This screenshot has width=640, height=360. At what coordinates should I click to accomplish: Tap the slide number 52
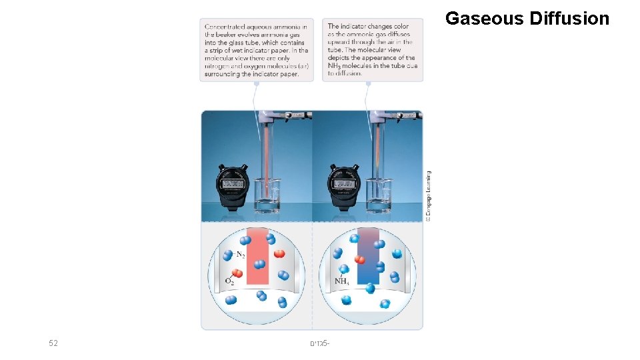pos(53,343)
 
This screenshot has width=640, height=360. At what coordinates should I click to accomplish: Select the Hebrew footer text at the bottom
pos(320,343)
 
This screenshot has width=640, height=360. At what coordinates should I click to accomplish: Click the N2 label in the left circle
pos(240,255)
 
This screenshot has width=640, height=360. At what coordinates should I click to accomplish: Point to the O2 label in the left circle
pos(229,282)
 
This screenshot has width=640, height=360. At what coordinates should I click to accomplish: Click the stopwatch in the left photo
pos(231,187)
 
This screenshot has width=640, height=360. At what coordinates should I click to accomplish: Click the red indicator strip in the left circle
pos(257,257)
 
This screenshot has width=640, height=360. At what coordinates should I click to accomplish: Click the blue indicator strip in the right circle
pos(368,257)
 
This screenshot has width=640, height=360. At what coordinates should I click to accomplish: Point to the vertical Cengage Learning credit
pos(429,195)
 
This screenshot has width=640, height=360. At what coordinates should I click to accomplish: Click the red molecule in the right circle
pos(360,260)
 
